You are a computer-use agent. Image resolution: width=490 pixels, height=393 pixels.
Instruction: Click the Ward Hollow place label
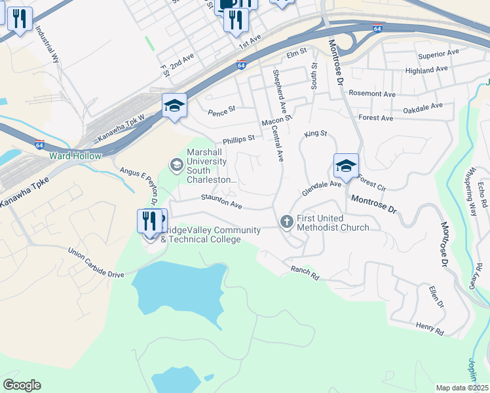tap(75, 156)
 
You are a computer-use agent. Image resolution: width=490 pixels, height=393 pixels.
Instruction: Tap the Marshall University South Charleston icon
tap(176, 164)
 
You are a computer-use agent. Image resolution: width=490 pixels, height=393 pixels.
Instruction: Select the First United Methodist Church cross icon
tap(286, 222)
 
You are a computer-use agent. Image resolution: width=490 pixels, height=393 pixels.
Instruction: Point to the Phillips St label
tap(238, 140)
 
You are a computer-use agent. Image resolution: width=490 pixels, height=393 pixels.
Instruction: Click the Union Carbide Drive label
tap(96, 263)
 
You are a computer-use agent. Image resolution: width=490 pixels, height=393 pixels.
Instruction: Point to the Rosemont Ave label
tap(372, 94)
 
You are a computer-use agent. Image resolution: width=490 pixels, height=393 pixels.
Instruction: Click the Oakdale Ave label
tap(423, 107)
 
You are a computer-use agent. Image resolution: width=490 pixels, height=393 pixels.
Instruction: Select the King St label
tap(315, 134)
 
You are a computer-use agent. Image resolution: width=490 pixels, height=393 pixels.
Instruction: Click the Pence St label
tap(221, 112)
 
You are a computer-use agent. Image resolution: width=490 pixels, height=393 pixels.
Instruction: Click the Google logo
tap(22, 385)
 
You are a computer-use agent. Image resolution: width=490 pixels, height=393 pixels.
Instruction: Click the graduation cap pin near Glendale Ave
tap(346, 166)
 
